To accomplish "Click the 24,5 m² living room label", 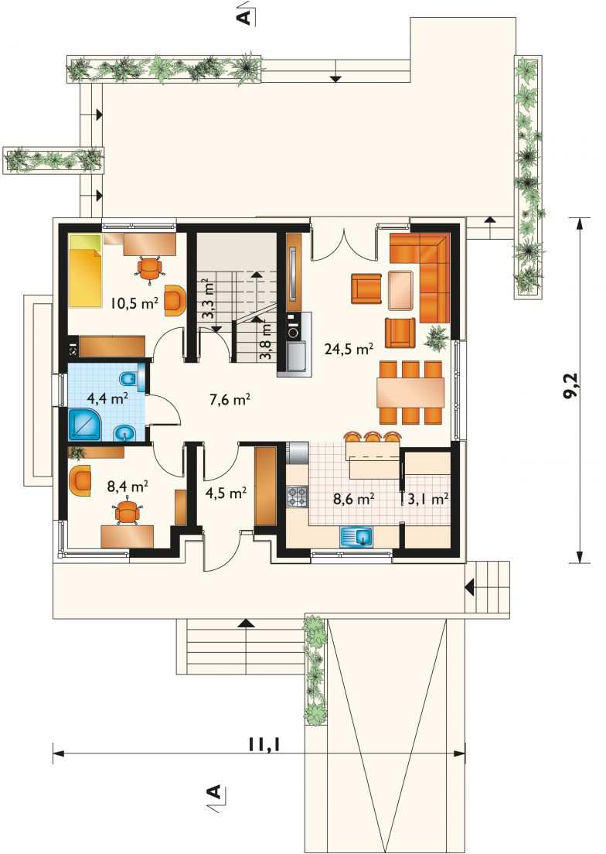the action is pos(349,349).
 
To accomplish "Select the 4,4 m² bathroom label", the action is pos(107,398).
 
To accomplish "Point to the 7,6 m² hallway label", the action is pos(230,400).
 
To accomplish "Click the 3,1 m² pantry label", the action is pos(428,498).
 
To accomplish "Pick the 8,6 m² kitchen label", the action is pos(353,498).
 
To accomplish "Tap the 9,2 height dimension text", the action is pos(570,388).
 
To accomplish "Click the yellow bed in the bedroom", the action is pos(85,272).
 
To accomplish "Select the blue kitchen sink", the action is pos(357,537).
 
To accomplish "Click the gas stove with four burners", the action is pos(297,497).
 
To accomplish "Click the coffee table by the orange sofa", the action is pos(401,289).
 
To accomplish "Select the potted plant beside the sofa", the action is pos(437,338).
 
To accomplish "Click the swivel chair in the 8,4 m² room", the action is pos(128,512).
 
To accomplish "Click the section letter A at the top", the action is pos(245,17).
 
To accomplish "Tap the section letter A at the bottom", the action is pos(214,792).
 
